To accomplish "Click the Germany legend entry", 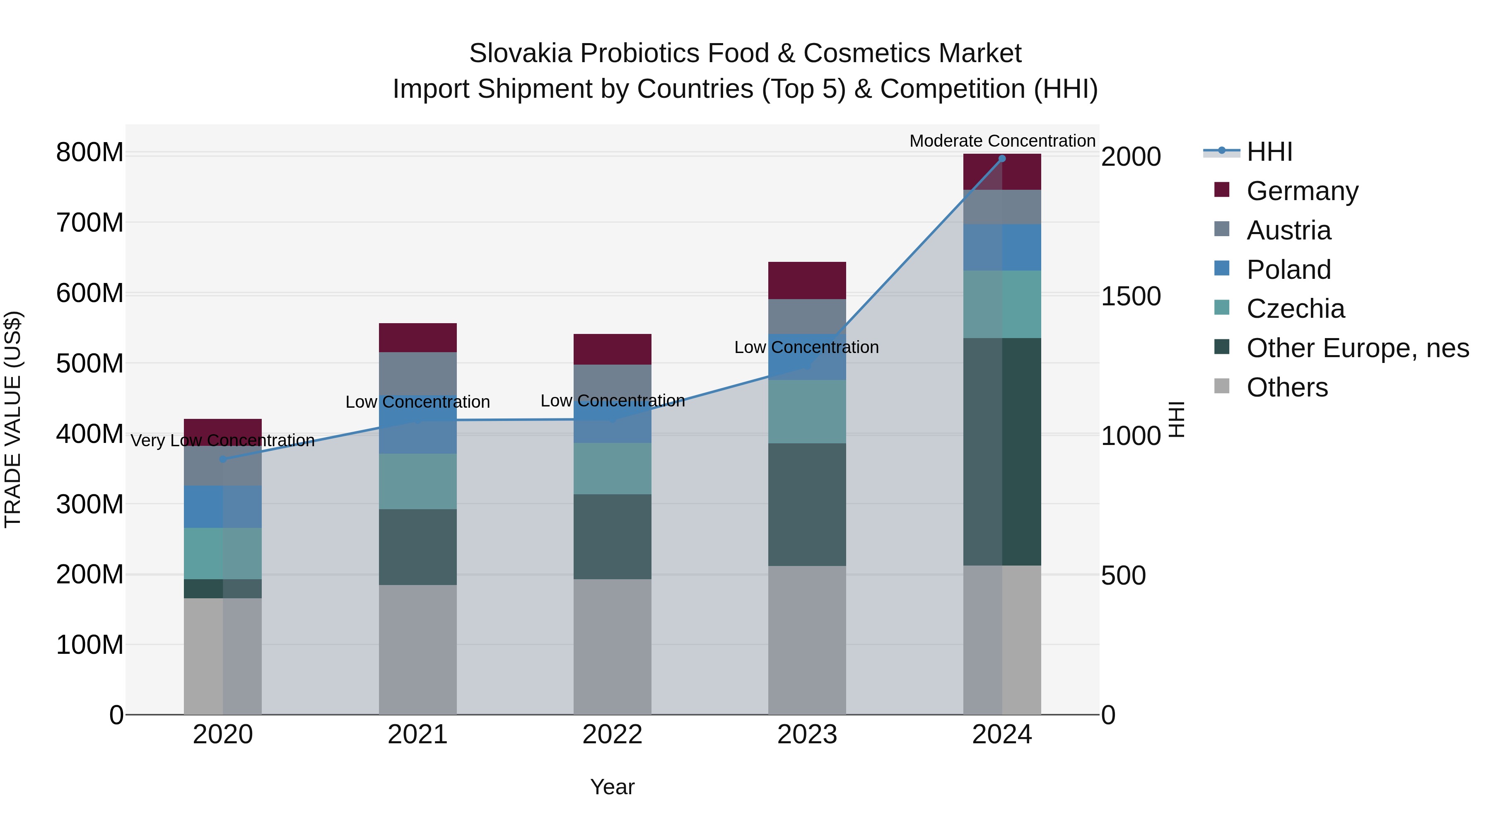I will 1302,191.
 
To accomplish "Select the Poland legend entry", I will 1288,270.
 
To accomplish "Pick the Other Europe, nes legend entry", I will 1357,348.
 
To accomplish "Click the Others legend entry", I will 1287,387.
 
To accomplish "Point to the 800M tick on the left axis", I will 90,153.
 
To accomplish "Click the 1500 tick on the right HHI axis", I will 1130,297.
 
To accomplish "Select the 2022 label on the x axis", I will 613,735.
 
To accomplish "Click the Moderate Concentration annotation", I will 1002,141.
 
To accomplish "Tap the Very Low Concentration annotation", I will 223,441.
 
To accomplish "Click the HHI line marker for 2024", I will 1002,159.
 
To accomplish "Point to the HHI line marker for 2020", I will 223,459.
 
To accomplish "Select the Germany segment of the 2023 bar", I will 807,280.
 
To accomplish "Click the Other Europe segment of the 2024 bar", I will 1002,452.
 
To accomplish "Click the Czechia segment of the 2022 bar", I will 613,469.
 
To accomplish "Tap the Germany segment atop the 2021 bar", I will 417,338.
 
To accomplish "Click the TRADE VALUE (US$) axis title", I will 13,419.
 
